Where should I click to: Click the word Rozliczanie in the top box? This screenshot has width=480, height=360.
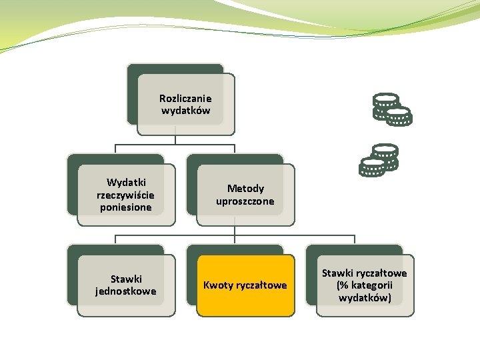tap(185, 99)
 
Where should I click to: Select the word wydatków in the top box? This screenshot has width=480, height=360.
tap(185, 111)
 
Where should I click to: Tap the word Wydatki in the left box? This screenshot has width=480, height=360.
tap(127, 183)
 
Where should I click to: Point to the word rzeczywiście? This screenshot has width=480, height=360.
tap(125, 195)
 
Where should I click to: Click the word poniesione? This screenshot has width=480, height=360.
tap(125, 207)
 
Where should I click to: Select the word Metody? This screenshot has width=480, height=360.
tap(245, 189)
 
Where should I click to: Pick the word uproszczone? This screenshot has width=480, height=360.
tap(245, 201)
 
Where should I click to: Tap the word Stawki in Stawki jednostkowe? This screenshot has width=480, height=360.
tap(126, 279)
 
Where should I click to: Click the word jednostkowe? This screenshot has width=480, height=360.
tap(126, 291)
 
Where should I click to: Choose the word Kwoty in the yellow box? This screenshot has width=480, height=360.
tap(218, 285)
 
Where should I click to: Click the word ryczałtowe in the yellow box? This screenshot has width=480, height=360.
tap(261, 285)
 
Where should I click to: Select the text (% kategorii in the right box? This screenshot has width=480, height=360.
tap(365, 285)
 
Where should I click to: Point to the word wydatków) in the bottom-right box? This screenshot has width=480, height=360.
tap(365, 298)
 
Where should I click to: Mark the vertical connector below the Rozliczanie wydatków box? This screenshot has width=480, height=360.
tap(175, 140)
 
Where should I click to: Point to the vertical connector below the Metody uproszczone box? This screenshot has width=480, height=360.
tap(235, 230)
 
